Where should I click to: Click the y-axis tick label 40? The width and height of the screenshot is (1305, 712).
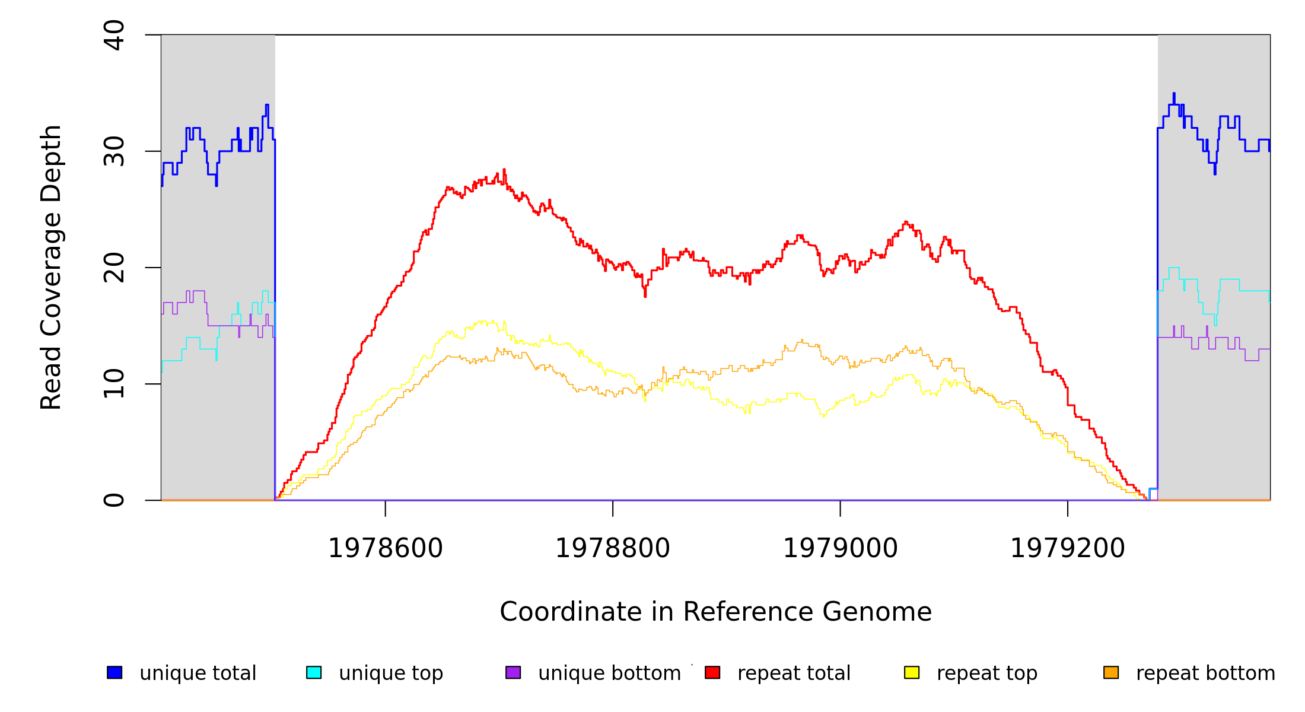(114, 35)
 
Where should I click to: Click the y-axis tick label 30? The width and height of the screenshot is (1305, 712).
(114, 151)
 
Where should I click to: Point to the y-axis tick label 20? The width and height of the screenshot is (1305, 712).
(114, 268)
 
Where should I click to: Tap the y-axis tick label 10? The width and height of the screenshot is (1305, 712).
(114, 384)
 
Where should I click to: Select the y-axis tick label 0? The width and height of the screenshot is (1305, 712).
(114, 500)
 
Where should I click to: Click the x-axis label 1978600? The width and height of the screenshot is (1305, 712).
(386, 548)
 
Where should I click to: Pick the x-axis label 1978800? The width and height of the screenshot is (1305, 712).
(613, 548)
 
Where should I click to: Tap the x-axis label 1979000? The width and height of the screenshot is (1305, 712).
(841, 548)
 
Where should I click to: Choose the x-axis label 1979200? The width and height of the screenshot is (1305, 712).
(1068, 548)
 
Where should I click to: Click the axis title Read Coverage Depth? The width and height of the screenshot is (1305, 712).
(51, 267)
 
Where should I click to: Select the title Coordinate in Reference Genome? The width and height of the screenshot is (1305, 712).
(715, 612)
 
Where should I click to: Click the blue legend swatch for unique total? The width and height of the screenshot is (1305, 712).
(114, 672)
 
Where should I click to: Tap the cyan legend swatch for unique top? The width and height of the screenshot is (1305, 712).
(314, 672)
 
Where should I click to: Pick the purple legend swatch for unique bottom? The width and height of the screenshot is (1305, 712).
(513, 672)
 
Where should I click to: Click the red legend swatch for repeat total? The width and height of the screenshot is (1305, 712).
(712, 672)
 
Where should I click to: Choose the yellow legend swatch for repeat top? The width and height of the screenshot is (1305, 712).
(912, 672)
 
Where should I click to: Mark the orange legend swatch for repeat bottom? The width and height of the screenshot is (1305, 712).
(1111, 672)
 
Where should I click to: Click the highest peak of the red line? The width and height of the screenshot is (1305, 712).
(504, 170)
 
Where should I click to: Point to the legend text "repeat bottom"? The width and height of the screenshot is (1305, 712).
(1205, 673)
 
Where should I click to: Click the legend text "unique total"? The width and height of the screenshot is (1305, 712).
(198, 673)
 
